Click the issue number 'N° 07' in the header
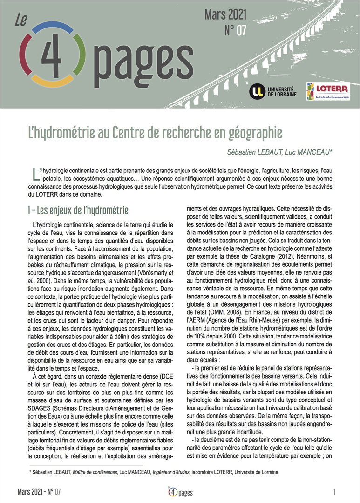(x=235, y=31)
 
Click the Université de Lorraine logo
(x=271, y=91)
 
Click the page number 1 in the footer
(x=335, y=492)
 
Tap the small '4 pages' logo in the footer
(x=180, y=492)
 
